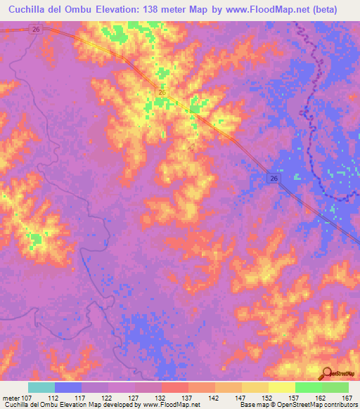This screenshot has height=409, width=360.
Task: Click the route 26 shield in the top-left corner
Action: [x=36, y=29]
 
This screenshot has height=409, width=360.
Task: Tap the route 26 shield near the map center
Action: [x=162, y=93]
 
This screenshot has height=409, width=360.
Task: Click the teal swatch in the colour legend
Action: [x=41, y=387]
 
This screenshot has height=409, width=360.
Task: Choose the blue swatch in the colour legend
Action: [x=68, y=387]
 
